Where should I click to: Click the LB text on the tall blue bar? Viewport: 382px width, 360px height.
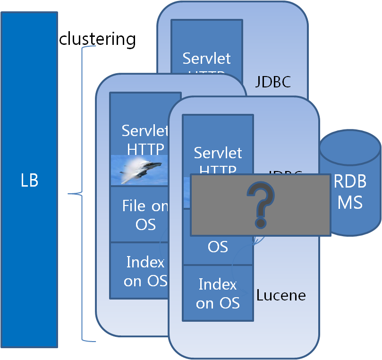point(29,180)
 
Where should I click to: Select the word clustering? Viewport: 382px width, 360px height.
point(97,39)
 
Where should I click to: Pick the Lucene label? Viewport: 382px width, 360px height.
point(281,296)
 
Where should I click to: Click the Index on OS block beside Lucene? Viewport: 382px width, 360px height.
point(218,293)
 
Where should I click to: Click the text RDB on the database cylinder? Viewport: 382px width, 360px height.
point(350,182)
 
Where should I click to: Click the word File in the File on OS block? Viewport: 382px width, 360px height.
point(133,206)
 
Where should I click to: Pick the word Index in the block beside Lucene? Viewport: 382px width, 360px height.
point(218,284)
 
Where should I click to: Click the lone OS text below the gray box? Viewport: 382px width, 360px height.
point(218,247)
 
